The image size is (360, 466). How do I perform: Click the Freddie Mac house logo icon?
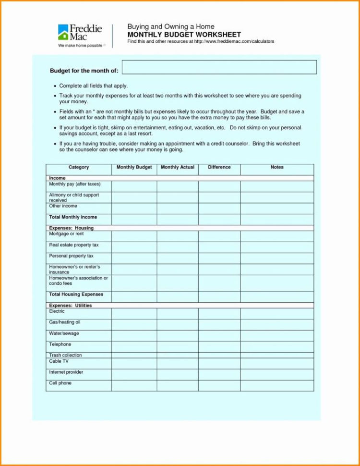(x=63, y=32)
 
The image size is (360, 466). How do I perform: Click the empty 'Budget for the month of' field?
(x=219, y=67)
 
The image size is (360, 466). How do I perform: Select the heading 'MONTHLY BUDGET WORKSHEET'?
(x=184, y=35)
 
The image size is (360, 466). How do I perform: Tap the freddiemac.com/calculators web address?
(x=234, y=42)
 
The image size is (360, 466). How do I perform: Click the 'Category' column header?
(x=79, y=168)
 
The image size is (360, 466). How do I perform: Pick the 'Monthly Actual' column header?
(x=177, y=168)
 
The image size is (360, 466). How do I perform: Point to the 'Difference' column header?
(x=219, y=168)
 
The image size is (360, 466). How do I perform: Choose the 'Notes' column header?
(x=277, y=168)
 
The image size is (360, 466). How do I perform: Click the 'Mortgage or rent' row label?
(x=66, y=234)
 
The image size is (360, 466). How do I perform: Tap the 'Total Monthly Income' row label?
(x=73, y=217)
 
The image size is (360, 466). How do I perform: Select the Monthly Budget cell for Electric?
(x=134, y=314)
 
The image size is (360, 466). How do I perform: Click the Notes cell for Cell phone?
(x=277, y=385)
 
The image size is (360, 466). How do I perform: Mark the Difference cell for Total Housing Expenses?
(x=219, y=296)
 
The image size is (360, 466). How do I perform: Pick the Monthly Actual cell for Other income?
(x=177, y=208)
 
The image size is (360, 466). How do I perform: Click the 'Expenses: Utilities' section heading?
(x=70, y=306)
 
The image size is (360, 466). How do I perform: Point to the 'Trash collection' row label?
(x=65, y=355)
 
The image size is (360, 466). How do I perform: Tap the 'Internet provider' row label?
(x=66, y=372)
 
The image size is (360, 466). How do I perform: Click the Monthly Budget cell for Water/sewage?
(x=134, y=335)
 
